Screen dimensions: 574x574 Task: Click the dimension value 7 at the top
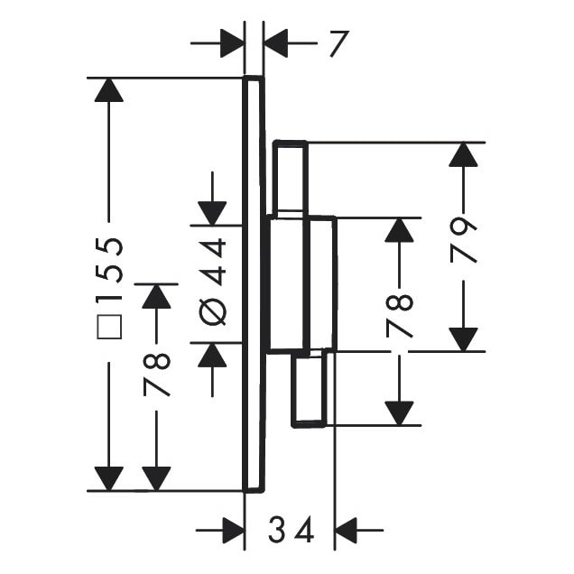pos(338,42)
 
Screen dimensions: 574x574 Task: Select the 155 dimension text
pos(109,271)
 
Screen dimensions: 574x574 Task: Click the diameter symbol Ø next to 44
pos(213,311)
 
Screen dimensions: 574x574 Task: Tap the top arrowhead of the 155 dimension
pos(108,89)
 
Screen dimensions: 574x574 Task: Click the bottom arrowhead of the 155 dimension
pos(108,479)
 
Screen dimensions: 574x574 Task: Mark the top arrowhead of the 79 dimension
pos(463,154)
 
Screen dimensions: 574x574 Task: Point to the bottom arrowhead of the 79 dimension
pos(463,339)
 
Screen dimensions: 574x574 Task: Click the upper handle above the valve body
pos(291,179)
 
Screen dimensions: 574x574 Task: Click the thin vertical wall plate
pos(254,284)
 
